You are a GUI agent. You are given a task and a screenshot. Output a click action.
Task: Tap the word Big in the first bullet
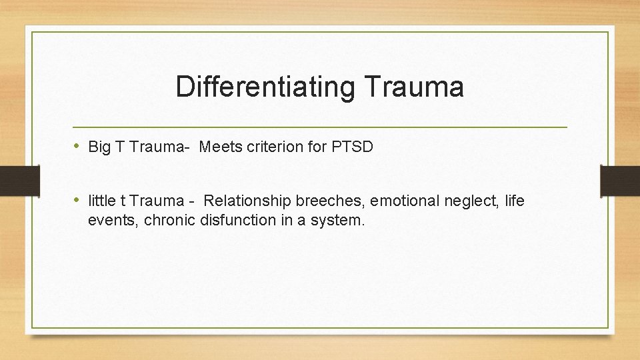pos(99,147)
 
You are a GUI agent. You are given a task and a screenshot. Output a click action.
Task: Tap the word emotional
pos(399,201)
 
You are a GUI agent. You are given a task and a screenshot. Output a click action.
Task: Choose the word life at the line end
pos(515,201)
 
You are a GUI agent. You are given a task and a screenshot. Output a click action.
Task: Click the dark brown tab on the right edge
pos(620,180)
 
